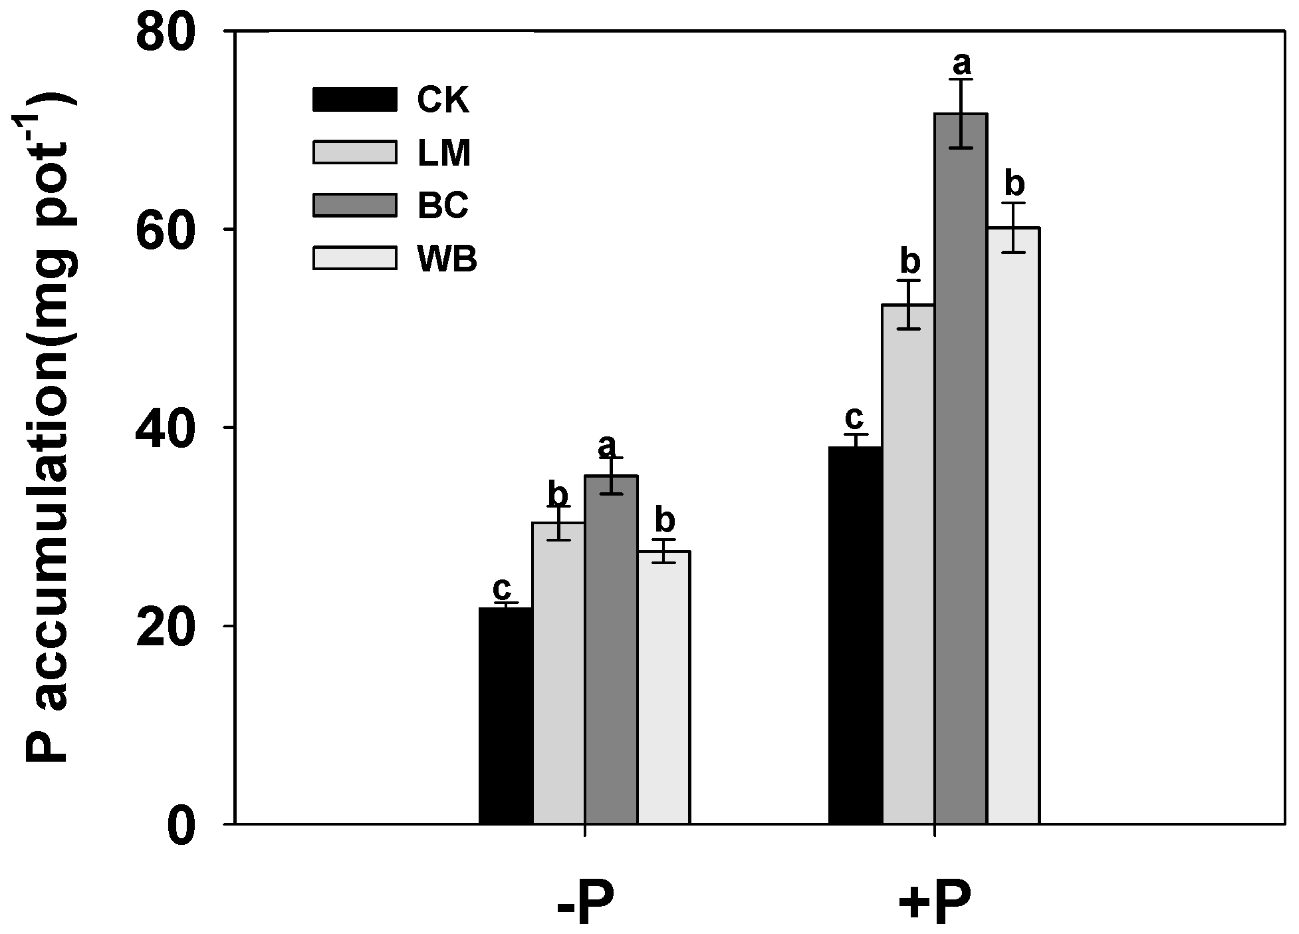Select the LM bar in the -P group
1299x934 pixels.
(558, 673)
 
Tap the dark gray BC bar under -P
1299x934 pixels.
(611, 649)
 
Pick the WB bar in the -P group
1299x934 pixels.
(663, 687)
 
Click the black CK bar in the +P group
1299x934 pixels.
(856, 635)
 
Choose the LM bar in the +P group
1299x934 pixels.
(908, 564)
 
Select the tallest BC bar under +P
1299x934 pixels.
(961, 469)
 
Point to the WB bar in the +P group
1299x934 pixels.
(1013, 526)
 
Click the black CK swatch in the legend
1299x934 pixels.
(354, 100)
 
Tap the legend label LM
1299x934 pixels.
(444, 154)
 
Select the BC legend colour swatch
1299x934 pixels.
(354, 206)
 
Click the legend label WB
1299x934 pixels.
(447, 259)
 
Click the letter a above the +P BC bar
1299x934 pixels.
(961, 65)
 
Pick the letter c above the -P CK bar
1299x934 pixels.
(502, 589)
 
